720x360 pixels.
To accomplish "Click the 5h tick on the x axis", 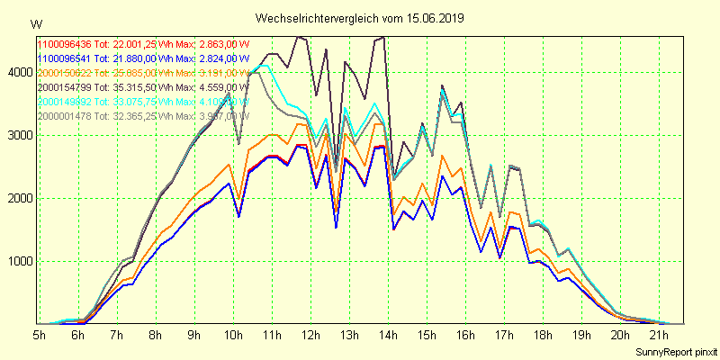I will point(40,336).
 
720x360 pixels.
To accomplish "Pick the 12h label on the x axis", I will point(311,336).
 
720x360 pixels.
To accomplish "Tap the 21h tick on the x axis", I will point(659,336).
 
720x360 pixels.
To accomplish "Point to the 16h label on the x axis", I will point(465,336).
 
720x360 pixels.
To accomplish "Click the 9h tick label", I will point(194,336).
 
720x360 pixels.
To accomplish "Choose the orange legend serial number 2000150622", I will point(65,73).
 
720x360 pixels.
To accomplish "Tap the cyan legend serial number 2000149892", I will point(65,102).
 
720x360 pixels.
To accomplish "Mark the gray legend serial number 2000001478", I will point(65,116).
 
